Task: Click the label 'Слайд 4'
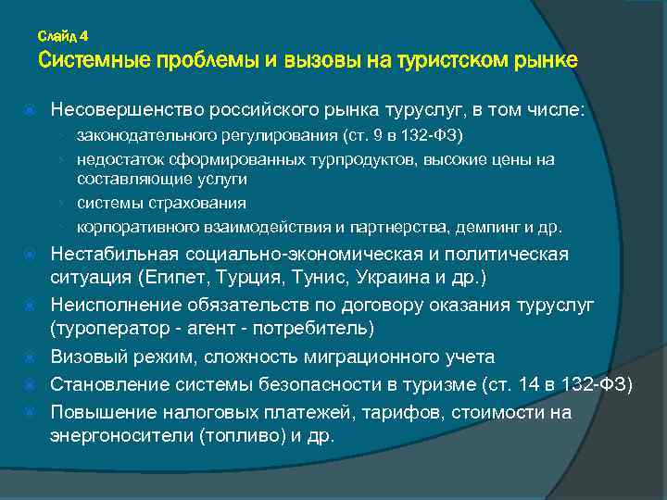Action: pos(63,36)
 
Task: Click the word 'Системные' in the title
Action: pos(94,61)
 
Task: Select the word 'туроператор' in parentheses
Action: pos(105,330)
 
